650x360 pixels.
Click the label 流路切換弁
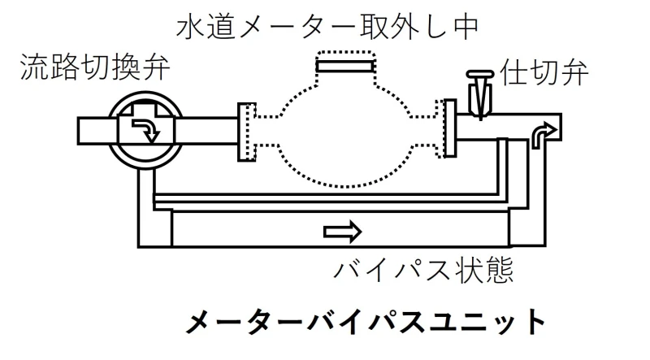click(x=95, y=67)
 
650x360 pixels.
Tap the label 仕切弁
click(x=544, y=72)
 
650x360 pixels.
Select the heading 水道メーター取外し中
click(x=327, y=27)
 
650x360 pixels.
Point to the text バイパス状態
click(x=423, y=270)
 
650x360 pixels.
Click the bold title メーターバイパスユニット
click(x=365, y=322)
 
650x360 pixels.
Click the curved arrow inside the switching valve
click(x=146, y=130)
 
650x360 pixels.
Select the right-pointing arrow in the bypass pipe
click(x=342, y=232)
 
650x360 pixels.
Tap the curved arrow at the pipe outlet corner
click(x=544, y=135)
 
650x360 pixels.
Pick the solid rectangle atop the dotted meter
click(x=345, y=66)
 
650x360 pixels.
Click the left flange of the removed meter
click(x=247, y=132)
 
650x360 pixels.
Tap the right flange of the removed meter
click(x=449, y=128)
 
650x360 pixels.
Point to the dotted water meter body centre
click(x=345, y=132)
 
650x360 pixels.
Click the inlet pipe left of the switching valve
click(x=94, y=131)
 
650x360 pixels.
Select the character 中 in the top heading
click(x=465, y=27)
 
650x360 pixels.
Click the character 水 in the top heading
click(x=190, y=27)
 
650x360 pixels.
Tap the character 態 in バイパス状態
click(x=500, y=270)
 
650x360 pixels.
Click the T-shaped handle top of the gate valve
click(x=480, y=75)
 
